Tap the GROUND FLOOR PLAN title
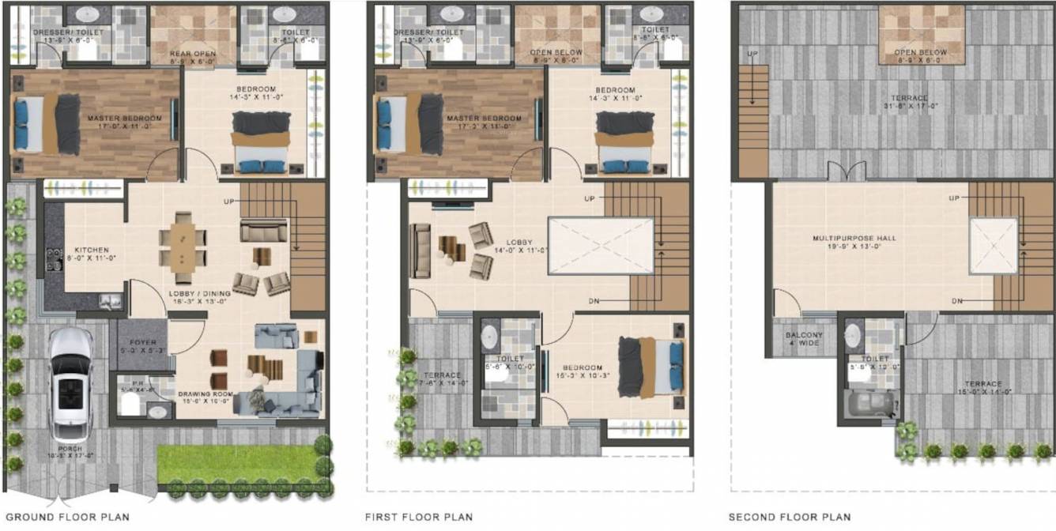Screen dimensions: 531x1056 (x=67, y=518)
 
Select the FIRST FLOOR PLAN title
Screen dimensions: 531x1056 (x=418, y=518)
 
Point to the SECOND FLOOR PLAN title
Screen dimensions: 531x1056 (x=790, y=518)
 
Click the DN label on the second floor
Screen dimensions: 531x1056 (x=957, y=301)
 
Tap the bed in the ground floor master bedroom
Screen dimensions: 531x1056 (x=47, y=124)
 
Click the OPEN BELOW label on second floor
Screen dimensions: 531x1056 (x=921, y=53)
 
